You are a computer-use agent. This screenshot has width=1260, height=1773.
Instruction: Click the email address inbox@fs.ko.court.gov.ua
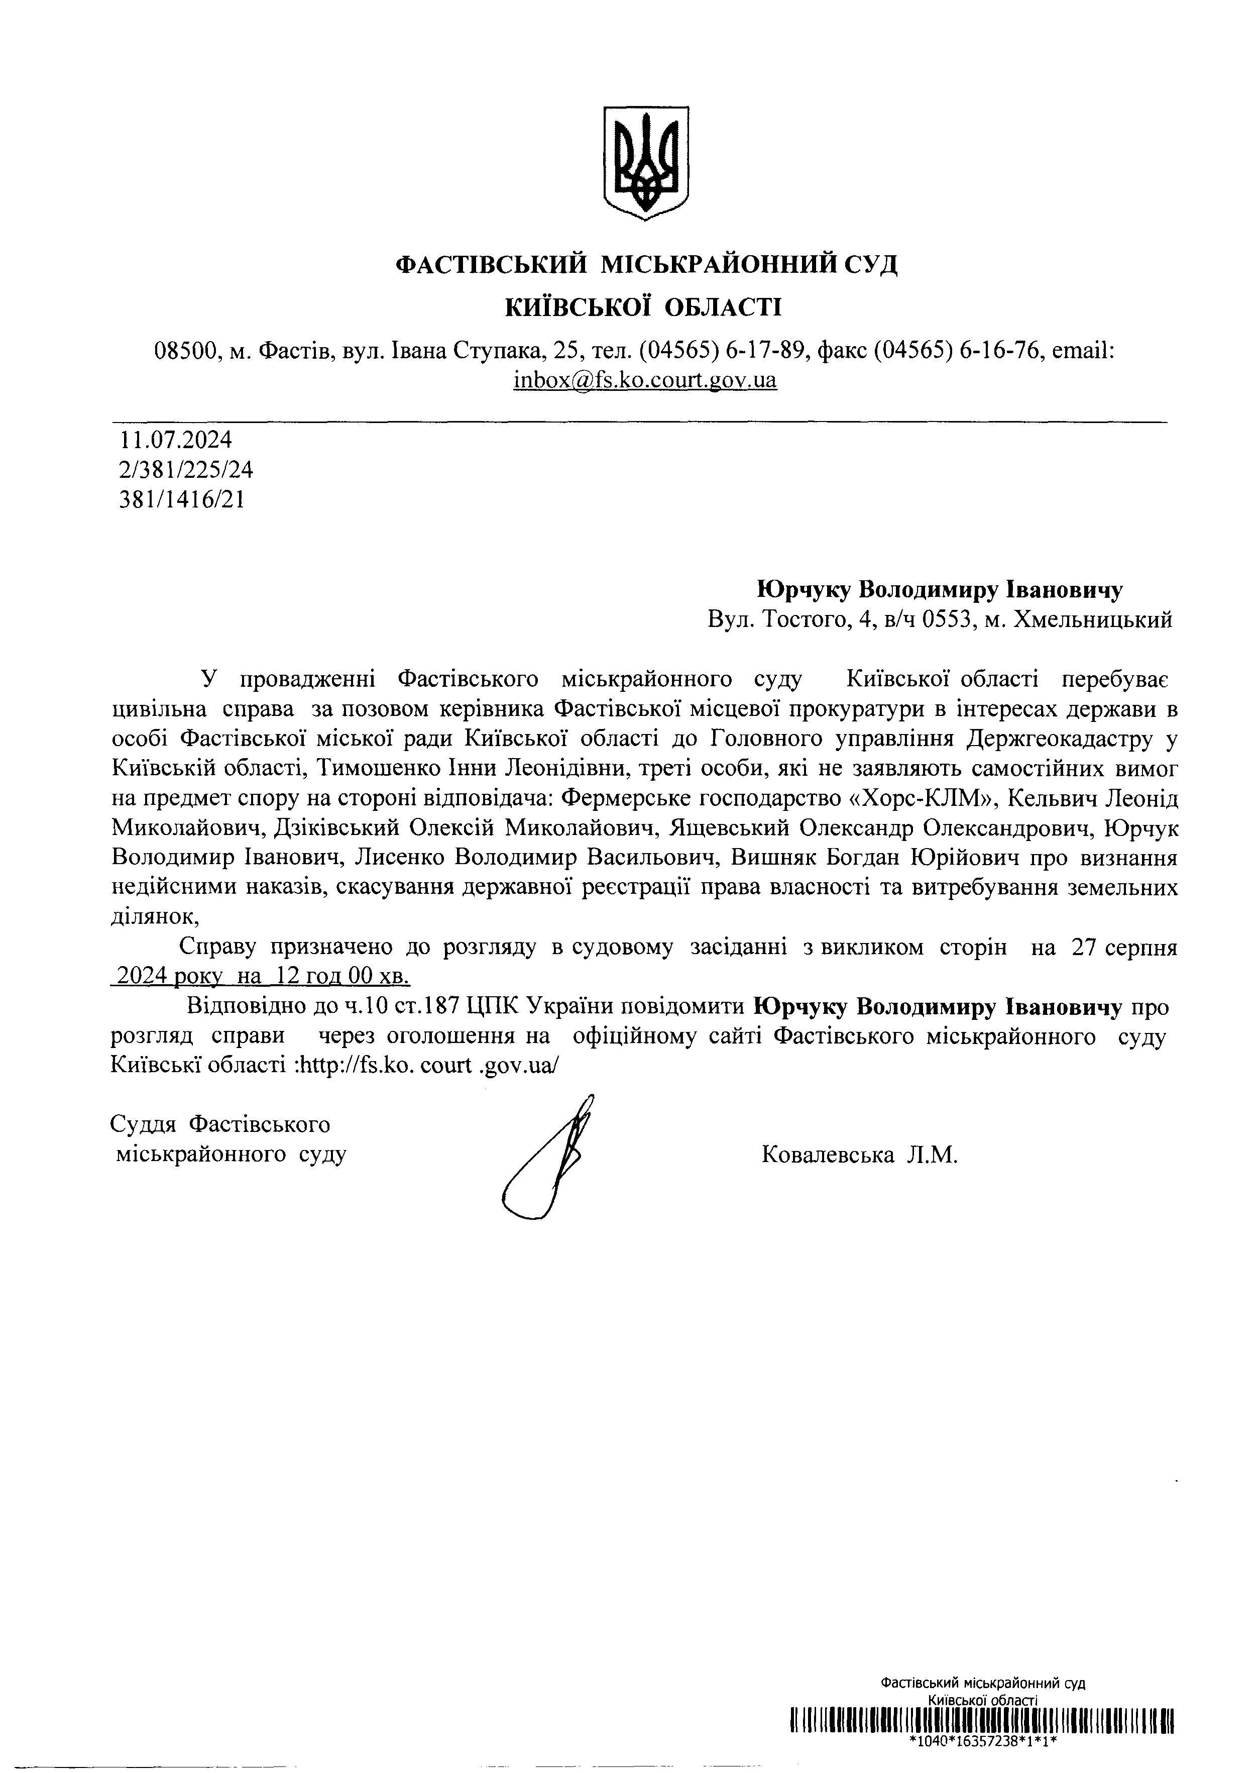(x=645, y=380)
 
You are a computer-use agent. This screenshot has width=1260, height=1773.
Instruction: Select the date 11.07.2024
(x=175, y=440)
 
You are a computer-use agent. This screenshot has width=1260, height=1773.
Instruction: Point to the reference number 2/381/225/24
(x=186, y=470)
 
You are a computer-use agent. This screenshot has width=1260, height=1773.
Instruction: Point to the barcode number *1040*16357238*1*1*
(x=984, y=1740)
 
